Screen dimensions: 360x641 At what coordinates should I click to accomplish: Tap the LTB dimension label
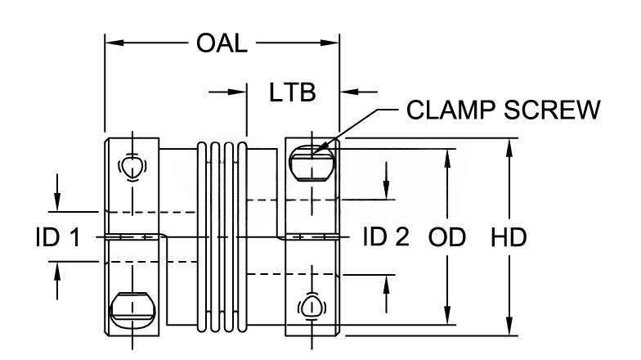(x=293, y=92)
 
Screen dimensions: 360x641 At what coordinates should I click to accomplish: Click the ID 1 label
(x=56, y=237)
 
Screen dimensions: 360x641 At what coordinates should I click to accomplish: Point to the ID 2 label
(x=385, y=237)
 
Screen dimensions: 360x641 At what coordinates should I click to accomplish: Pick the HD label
(x=508, y=237)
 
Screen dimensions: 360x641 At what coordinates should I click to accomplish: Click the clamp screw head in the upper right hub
(x=312, y=159)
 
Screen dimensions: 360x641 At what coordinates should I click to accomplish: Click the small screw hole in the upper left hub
(x=131, y=166)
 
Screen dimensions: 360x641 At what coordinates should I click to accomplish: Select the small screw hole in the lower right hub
(x=312, y=306)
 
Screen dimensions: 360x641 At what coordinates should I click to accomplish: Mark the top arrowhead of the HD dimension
(x=509, y=144)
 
